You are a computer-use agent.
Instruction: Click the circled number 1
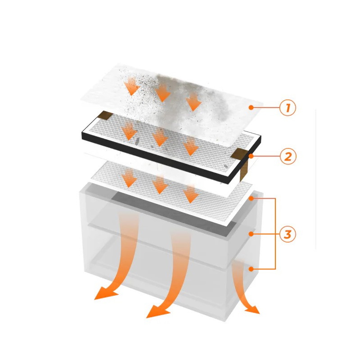[288, 108]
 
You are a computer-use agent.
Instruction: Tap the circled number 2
[288, 156]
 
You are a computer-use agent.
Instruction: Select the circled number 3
[288, 234]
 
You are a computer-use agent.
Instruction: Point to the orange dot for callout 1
[252, 107]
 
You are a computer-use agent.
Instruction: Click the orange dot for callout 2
[252, 156]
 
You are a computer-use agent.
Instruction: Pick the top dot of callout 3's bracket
[252, 198]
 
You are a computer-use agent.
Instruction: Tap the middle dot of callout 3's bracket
[252, 234]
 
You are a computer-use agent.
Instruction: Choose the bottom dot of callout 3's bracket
[252, 269]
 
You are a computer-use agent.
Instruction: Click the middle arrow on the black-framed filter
[160, 137]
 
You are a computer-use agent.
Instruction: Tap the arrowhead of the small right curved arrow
[252, 310]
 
